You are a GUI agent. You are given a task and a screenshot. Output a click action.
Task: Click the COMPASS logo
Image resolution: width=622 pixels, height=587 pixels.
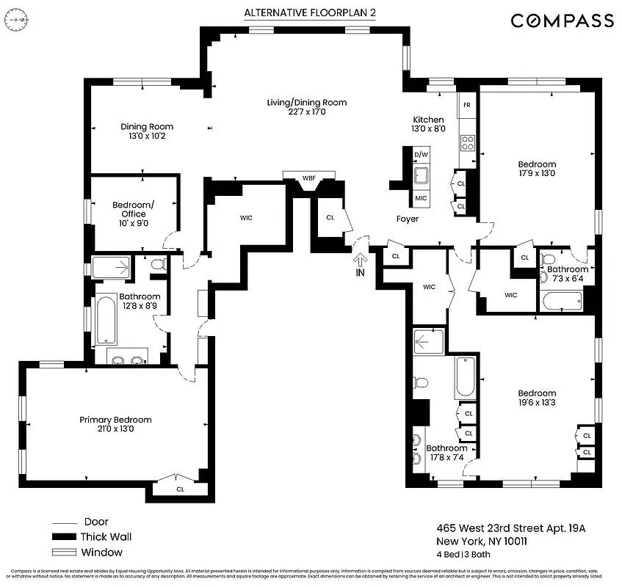[562, 21]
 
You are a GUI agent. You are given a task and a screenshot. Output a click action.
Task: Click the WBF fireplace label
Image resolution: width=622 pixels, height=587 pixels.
[309, 178]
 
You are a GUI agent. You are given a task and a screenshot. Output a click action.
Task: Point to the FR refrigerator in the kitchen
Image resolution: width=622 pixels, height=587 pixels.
[466, 104]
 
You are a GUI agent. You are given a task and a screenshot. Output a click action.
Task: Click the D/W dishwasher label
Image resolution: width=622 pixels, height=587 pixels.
[421, 155]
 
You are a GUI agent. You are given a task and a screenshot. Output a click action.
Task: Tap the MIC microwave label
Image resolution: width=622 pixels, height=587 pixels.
[421, 198]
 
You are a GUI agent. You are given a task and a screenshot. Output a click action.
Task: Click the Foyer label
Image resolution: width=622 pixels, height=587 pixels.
[408, 219]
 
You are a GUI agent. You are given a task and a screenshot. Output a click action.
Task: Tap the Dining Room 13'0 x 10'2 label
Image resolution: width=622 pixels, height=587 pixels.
[147, 131]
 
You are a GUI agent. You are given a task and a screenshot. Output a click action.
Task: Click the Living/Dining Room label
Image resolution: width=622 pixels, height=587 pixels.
[306, 107]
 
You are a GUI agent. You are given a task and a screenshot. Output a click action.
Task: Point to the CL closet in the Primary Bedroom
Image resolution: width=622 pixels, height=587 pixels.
[180, 489]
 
